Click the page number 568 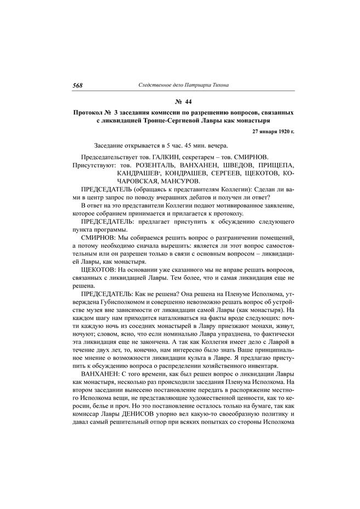77,85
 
